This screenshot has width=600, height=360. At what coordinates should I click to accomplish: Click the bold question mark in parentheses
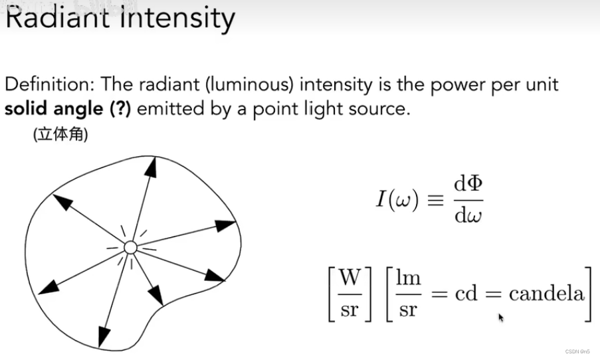point(119,108)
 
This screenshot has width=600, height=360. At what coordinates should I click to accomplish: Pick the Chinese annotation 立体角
point(60,135)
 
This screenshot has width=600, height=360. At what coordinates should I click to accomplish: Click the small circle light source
point(130,248)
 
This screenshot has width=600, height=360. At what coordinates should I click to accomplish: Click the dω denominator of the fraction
point(468,215)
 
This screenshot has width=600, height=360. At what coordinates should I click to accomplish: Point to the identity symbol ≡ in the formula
point(435,200)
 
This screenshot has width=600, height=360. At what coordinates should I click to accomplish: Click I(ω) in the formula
point(396,200)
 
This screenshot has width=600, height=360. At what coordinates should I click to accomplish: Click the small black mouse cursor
point(501,318)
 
